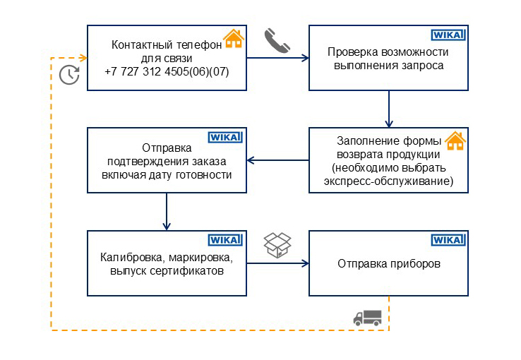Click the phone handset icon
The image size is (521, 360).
[277, 41]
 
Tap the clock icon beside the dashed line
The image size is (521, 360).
[68, 74]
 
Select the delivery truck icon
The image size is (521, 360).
[367, 318]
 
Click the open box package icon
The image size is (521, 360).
[277, 244]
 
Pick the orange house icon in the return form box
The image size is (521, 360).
[455, 140]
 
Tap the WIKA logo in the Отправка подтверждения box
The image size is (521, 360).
[225, 137]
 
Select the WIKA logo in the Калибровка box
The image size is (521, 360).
[225, 240]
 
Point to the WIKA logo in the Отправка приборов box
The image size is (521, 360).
[448, 240]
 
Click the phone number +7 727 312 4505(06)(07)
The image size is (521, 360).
[167, 72]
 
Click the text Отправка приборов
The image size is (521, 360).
[388, 264]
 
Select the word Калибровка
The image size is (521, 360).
[128, 257]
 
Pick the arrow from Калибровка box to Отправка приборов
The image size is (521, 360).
[277, 263]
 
